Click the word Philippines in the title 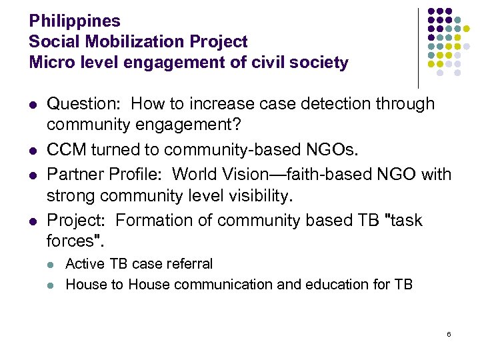(74, 21)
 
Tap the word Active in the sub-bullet (83, 264)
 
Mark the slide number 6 (449, 333)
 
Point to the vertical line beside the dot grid (418, 47)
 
